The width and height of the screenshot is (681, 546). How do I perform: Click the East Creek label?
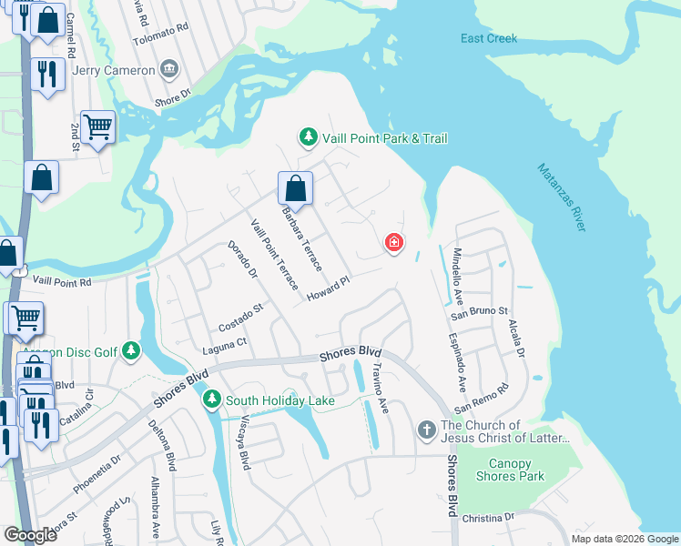[x=489, y=38]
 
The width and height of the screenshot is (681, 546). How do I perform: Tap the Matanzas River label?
[x=559, y=197]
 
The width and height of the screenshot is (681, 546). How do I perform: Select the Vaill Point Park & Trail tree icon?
[x=308, y=137]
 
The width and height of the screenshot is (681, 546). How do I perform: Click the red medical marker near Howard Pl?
[x=394, y=243]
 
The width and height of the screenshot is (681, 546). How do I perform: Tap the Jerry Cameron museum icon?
[x=168, y=69]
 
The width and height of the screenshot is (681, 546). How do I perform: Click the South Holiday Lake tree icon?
[x=212, y=399]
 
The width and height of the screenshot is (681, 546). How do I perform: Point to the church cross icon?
[x=426, y=429]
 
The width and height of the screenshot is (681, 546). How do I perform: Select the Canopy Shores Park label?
[x=511, y=470]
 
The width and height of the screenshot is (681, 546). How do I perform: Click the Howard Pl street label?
[x=328, y=290]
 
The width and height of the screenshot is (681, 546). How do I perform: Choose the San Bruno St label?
[x=480, y=312]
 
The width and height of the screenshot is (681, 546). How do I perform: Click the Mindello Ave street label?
[x=458, y=276]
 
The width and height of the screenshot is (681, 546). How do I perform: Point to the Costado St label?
[x=240, y=319]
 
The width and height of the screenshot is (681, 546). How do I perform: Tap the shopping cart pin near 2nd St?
[x=97, y=127]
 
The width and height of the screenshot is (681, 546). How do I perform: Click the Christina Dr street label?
[x=488, y=518]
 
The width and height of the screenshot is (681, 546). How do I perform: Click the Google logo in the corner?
[x=31, y=535]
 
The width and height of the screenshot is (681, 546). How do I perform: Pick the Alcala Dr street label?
[x=516, y=337]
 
